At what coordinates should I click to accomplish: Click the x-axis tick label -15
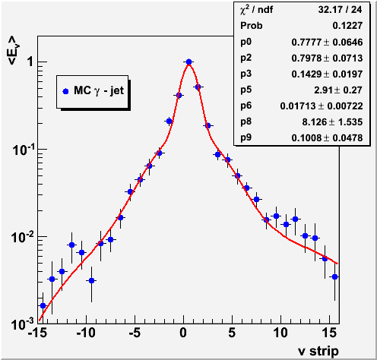(x=37, y=333)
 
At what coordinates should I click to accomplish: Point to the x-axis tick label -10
(x=86, y=333)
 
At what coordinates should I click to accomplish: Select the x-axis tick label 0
(x=183, y=333)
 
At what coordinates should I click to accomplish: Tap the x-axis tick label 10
(x=280, y=333)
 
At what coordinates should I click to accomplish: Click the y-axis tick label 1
(x=30, y=62)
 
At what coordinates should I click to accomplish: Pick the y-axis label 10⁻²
(x=22, y=238)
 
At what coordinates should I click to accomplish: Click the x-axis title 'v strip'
(x=318, y=351)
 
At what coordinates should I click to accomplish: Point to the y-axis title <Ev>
(x=14, y=50)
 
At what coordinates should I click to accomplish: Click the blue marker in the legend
(x=65, y=91)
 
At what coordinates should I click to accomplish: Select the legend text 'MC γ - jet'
(x=99, y=90)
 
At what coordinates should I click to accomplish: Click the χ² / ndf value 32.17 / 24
(x=340, y=10)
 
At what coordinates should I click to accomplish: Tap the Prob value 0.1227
(x=347, y=26)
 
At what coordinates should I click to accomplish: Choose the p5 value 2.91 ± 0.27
(x=338, y=90)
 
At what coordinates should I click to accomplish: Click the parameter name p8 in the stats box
(x=246, y=122)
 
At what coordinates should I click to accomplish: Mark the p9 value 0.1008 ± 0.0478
(x=327, y=137)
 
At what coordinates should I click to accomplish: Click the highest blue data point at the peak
(x=188, y=62)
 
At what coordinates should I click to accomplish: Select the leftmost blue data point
(x=43, y=305)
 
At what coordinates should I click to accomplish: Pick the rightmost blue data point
(x=334, y=276)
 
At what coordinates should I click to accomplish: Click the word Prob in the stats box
(x=252, y=26)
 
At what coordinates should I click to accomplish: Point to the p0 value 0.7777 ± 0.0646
(x=327, y=42)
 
